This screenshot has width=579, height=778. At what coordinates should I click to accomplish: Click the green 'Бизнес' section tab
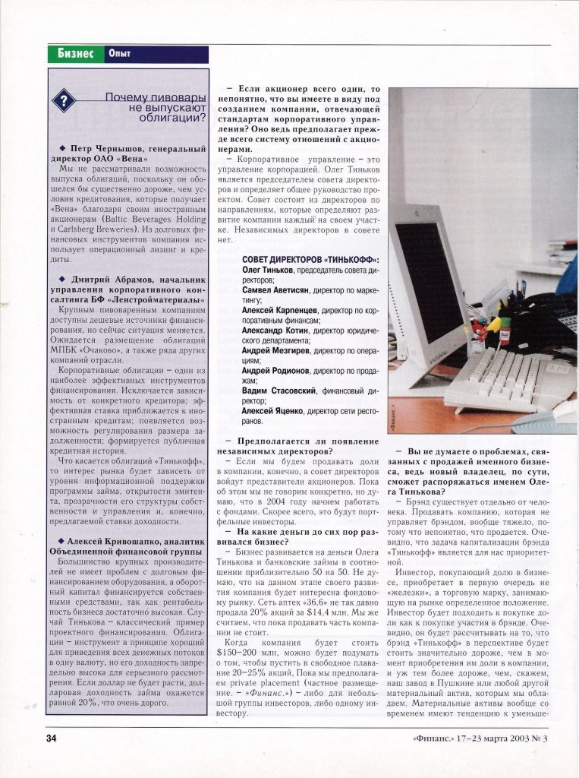[75, 54]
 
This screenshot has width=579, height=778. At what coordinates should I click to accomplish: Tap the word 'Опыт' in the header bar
[119, 54]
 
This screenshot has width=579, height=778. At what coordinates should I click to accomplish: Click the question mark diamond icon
[65, 101]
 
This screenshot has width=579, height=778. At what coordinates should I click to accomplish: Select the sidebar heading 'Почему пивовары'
[155, 98]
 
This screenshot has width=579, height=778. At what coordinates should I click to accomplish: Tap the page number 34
[52, 738]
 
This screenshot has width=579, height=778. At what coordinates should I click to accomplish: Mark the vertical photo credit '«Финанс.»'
[395, 417]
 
